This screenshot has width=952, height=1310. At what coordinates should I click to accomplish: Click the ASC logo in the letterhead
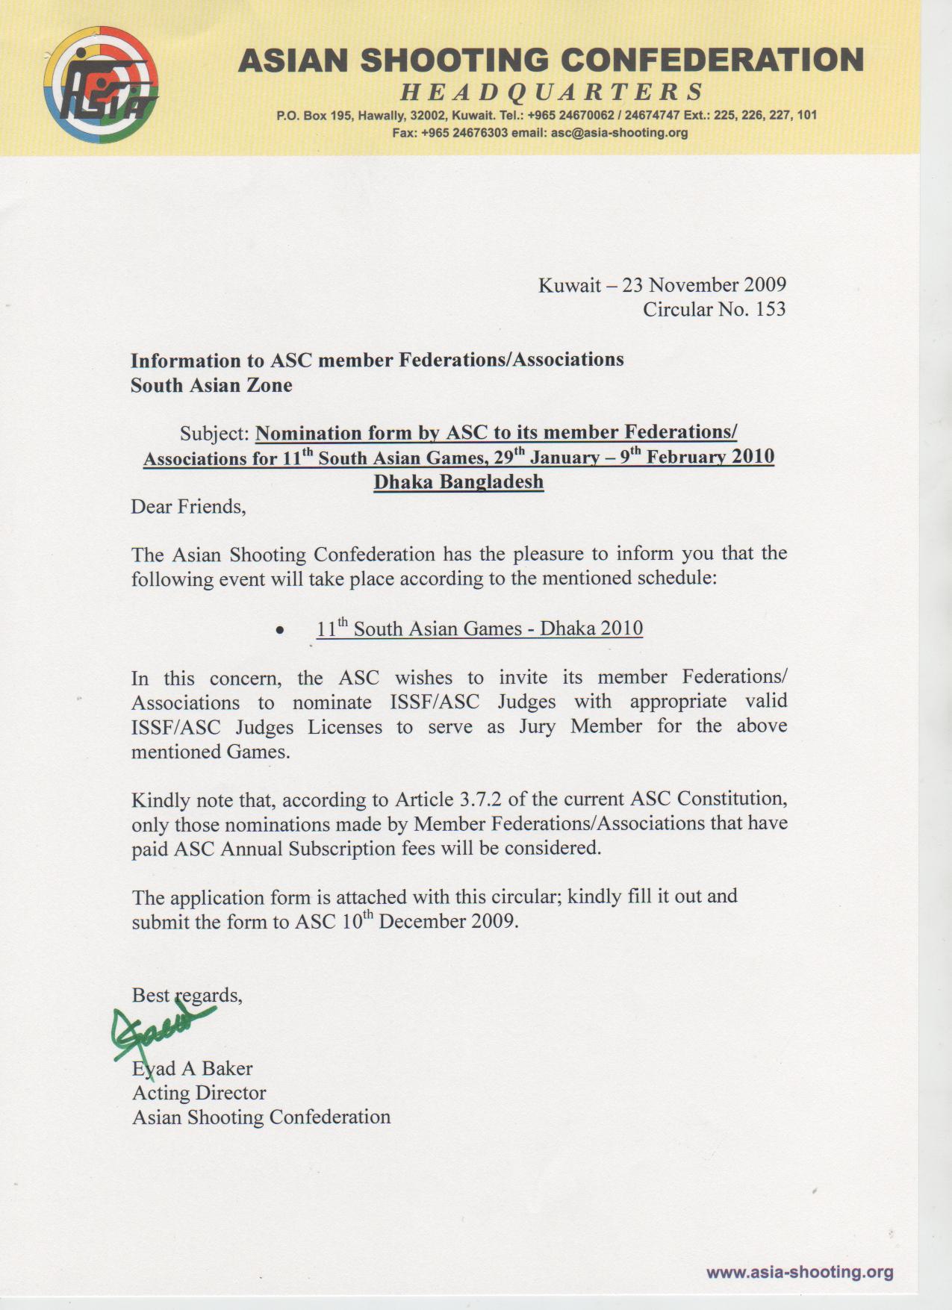[101, 85]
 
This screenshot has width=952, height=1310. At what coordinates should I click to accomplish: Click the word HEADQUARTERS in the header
[552, 92]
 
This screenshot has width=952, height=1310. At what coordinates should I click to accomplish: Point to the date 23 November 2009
[704, 285]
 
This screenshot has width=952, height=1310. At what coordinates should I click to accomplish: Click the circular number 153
[770, 310]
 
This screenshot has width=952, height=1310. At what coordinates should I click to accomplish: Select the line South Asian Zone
[211, 386]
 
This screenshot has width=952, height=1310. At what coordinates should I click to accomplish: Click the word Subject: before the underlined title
[214, 434]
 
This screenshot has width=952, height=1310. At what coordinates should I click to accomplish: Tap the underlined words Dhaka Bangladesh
[458, 482]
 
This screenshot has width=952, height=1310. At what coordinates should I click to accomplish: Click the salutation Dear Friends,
[188, 507]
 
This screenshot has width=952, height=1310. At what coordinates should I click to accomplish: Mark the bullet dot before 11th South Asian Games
[279, 631]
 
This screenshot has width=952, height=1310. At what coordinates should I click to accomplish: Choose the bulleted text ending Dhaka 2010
[479, 629]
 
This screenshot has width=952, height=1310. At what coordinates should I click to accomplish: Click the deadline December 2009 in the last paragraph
[447, 921]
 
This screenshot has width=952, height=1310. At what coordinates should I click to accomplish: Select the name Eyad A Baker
[193, 1069]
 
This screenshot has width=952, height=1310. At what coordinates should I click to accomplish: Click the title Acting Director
[199, 1094]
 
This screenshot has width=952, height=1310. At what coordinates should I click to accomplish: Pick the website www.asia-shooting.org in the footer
[800, 1272]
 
